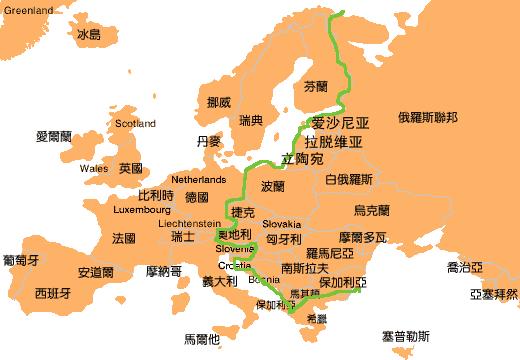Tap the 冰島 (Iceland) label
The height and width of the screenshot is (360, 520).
(x=89, y=35)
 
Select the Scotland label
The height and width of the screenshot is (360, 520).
(x=135, y=124)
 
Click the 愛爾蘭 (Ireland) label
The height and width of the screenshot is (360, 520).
(x=54, y=135)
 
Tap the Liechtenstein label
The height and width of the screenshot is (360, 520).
(x=189, y=224)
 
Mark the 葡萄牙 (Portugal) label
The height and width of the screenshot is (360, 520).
(x=21, y=260)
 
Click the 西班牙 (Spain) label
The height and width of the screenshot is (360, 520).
(x=52, y=294)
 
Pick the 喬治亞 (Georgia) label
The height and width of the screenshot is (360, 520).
(x=465, y=267)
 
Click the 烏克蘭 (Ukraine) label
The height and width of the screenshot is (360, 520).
(x=371, y=211)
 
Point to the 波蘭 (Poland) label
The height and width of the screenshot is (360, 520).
(x=273, y=187)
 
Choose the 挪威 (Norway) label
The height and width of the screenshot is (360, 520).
(x=218, y=102)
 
